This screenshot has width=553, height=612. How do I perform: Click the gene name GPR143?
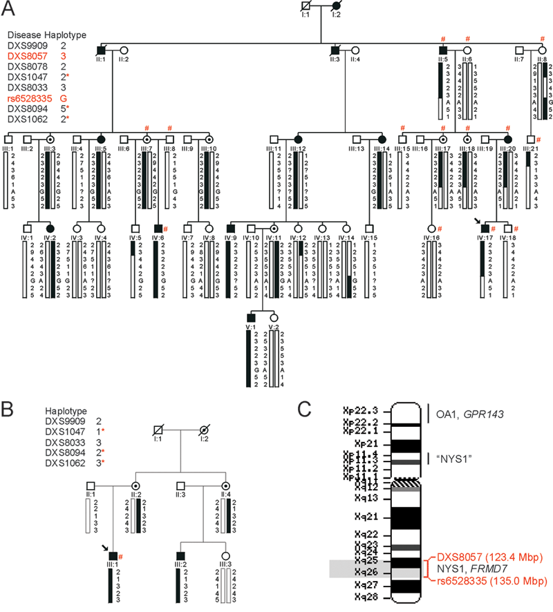(x=482, y=415)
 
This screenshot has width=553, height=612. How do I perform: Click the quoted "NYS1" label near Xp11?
(x=449, y=458)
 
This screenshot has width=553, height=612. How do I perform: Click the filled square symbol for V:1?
(x=251, y=316)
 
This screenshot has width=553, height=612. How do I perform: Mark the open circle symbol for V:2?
(x=273, y=316)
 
